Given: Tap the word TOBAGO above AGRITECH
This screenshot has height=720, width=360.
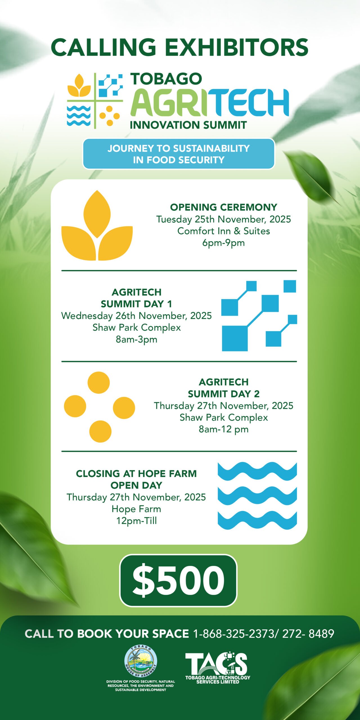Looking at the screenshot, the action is (x=166, y=79).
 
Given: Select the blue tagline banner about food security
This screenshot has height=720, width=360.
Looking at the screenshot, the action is (x=179, y=154).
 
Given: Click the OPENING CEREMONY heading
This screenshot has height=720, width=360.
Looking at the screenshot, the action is (x=224, y=207).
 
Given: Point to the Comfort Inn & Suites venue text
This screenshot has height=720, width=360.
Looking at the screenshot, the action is (x=224, y=231).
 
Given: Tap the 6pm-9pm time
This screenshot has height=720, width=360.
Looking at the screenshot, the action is (x=224, y=243).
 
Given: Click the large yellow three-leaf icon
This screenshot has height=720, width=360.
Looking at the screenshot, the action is (x=97, y=225).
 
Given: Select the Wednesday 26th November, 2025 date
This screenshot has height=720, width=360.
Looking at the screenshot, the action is (x=136, y=316).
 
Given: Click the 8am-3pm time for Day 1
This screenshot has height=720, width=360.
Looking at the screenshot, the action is (x=136, y=339).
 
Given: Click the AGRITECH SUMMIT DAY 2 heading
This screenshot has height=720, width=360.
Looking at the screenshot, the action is (x=224, y=388).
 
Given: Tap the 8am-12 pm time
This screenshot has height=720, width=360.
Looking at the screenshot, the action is (x=224, y=429).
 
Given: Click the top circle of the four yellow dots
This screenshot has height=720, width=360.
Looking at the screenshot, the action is (x=98, y=382).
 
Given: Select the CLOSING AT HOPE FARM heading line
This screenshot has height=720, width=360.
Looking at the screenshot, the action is (x=136, y=474).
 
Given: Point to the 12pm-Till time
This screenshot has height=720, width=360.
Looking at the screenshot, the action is (x=136, y=521).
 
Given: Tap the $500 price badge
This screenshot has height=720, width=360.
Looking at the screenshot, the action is (x=179, y=580).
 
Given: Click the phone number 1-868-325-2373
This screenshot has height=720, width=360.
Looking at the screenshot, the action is (x=233, y=634).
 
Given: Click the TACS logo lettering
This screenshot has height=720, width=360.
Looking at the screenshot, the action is (x=216, y=663).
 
